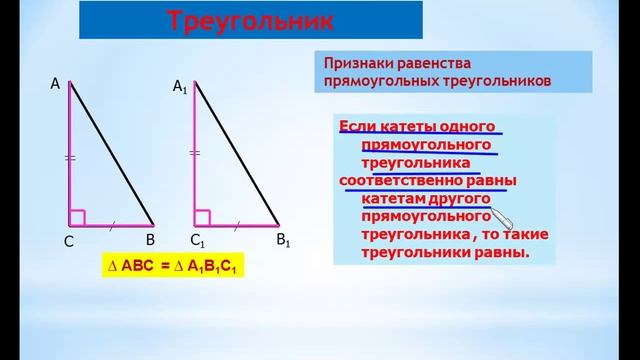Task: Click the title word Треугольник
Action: click(249, 20)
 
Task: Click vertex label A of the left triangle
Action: click(56, 85)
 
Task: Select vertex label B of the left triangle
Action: click(150, 240)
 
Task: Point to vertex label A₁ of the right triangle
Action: click(180, 89)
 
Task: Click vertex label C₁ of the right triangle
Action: click(198, 241)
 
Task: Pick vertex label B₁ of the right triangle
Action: click(283, 240)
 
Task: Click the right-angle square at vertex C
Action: click(77, 216)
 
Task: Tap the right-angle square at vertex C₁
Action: click(202, 216)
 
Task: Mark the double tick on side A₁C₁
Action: click(195, 153)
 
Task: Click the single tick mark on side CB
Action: click(112, 224)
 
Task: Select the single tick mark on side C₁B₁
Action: click(237, 224)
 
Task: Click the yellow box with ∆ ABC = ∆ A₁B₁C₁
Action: click(176, 268)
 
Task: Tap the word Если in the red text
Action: click(358, 126)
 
